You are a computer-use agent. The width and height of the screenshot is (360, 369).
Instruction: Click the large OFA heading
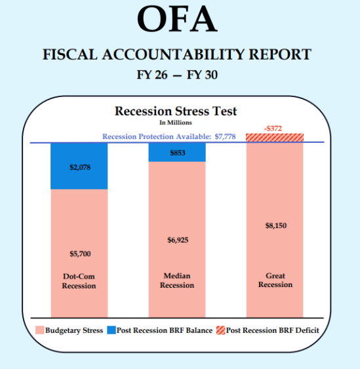coord(177,20)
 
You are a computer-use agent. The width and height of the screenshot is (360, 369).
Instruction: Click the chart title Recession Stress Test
coord(176,111)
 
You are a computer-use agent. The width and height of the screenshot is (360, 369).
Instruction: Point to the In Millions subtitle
coord(175,122)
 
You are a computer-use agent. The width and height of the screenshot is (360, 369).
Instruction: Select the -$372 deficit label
coord(274,128)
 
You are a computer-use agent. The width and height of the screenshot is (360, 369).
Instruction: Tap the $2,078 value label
coord(79,167)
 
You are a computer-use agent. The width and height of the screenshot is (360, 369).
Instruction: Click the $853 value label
coord(177,153)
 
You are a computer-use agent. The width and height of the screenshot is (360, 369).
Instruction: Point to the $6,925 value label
coord(177,240)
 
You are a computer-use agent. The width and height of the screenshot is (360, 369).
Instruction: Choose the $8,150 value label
coord(275,226)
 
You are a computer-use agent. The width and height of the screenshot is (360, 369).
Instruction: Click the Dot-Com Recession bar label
coord(79,281)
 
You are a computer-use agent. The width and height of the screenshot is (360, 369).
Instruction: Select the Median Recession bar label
coord(177,281)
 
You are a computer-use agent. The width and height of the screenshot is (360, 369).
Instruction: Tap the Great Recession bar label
coord(275,280)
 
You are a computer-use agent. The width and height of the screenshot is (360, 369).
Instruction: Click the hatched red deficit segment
coord(275,138)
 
